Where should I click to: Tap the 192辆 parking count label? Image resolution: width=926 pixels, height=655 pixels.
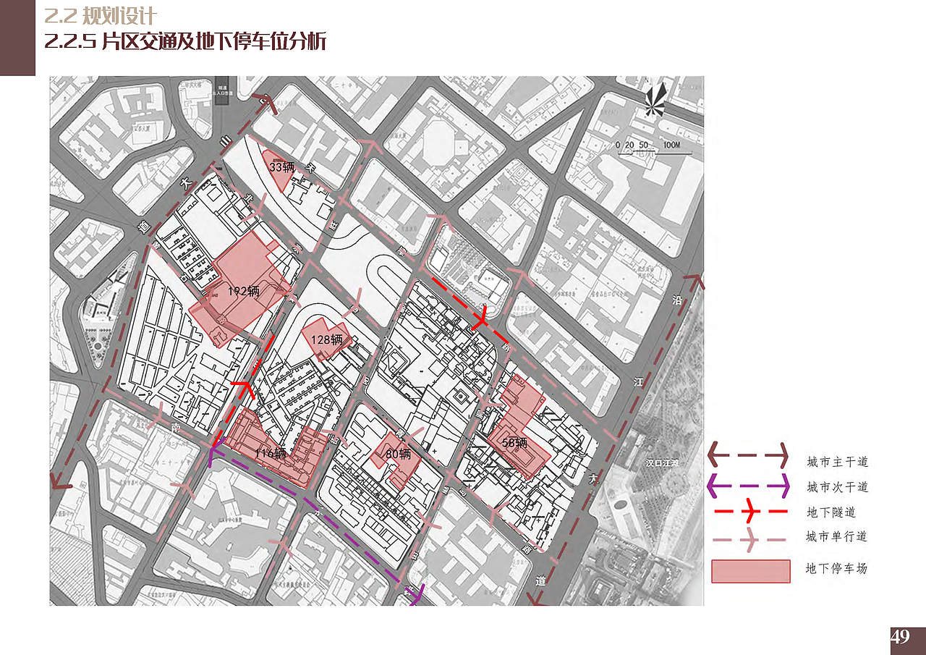point(243,292)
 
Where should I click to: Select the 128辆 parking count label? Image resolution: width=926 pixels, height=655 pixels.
point(328,339)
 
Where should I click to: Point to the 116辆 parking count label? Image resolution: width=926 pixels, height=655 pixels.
point(271,454)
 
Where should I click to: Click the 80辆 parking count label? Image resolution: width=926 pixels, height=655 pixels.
point(398,455)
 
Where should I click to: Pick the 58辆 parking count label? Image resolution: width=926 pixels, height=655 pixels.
point(514,443)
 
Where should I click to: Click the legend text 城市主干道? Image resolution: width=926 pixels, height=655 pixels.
point(837,462)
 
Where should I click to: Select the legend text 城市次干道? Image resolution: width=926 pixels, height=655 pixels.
point(837,487)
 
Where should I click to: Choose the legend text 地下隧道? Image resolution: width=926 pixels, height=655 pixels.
point(831,512)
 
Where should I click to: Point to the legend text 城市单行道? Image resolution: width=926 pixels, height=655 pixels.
point(837,537)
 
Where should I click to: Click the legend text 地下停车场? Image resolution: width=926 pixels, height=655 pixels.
point(837,569)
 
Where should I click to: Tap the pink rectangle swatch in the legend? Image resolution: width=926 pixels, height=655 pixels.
point(750,571)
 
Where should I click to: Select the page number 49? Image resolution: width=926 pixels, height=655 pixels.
point(901,638)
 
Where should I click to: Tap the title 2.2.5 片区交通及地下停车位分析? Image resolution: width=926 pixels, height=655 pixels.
point(185,41)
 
